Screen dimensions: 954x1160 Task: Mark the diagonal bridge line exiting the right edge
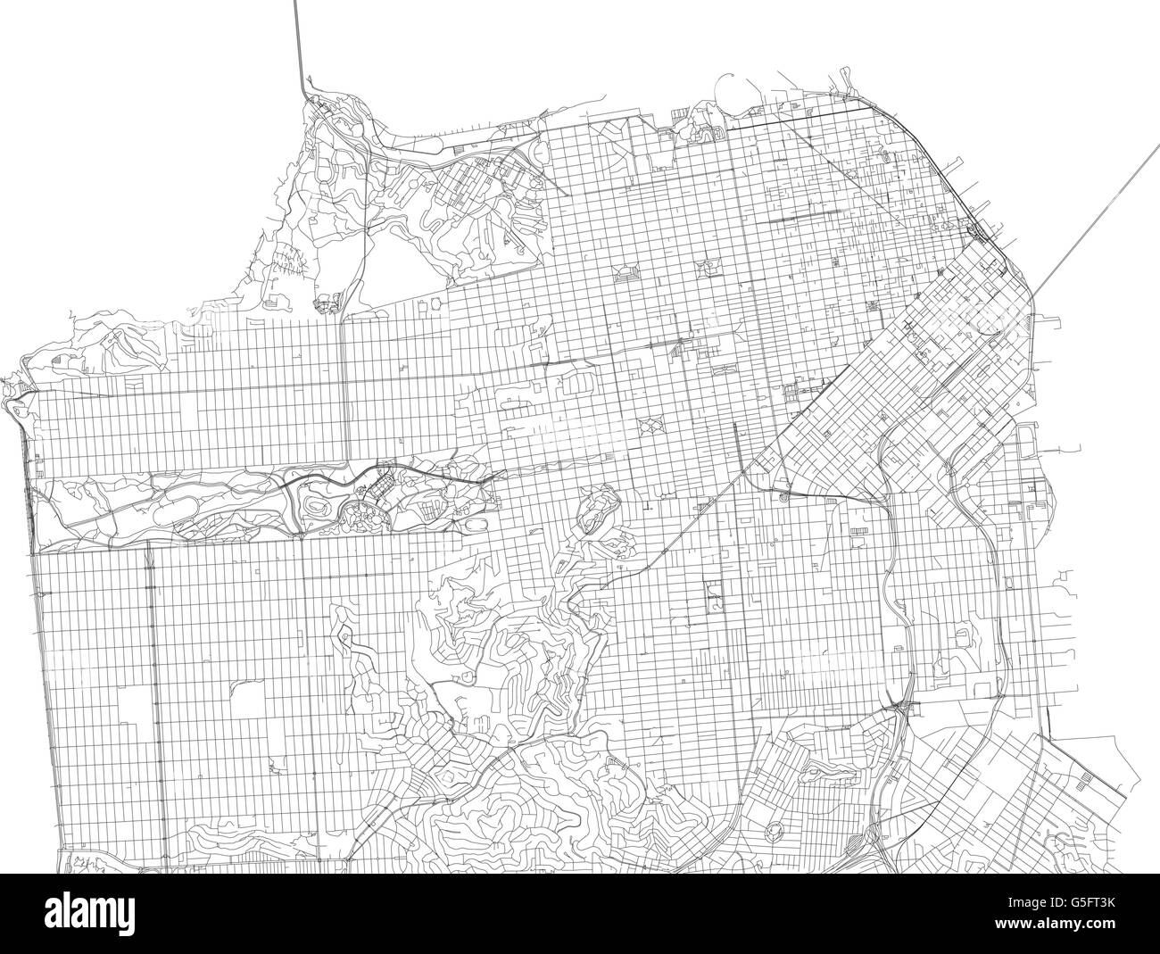[x=1098, y=205]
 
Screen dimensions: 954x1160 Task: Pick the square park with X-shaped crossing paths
[x=650, y=426]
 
